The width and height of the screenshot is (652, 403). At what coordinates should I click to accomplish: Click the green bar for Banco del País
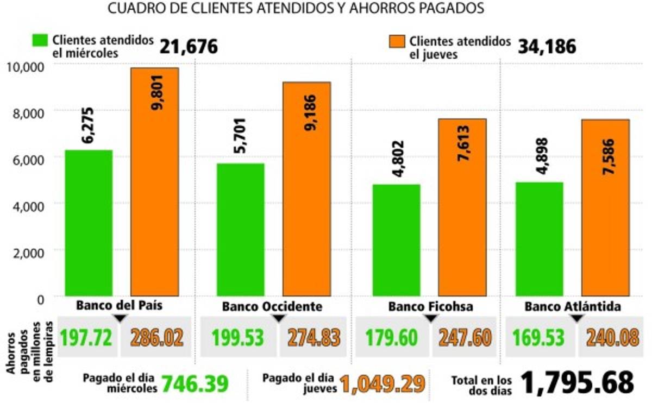[x=89, y=223]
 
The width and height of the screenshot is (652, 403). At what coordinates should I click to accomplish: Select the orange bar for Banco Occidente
[x=306, y=190]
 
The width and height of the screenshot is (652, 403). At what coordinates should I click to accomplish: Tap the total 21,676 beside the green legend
[x=189, y=47]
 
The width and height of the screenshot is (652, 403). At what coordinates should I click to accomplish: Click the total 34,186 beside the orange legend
[x=547, y=47]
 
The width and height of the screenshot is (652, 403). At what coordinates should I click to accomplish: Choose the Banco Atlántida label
[x=573, y=306]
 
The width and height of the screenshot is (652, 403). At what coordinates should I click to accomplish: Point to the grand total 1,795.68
[x=578, y=382]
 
